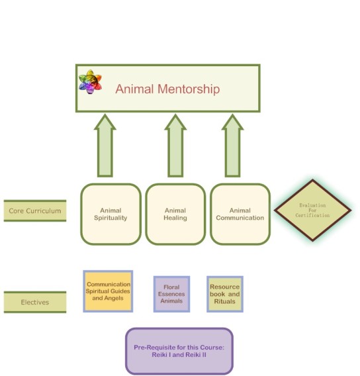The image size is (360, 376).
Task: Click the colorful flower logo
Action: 90,82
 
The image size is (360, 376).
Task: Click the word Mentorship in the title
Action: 189,89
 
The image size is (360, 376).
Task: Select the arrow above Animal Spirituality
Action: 105,146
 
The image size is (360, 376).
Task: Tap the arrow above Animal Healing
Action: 175,146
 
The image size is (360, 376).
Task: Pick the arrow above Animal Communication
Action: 232,146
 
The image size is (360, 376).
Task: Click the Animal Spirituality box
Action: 111,214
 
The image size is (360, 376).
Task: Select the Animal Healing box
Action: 175,214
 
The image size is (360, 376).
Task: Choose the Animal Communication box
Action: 240,214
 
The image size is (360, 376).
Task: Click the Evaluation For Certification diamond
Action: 312,211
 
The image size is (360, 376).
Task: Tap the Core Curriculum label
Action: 35,211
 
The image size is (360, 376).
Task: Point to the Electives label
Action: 35,302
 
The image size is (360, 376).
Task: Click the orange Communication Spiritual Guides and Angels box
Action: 108,291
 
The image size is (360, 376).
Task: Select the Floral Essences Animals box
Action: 171,294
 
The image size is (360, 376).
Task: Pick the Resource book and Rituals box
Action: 225,294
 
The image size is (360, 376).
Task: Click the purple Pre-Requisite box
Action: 179,351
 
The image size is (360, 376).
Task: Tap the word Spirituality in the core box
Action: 111,218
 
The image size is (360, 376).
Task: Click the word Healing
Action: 175,218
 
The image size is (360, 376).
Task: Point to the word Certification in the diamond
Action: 312,215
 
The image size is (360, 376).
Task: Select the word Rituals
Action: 224,301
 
